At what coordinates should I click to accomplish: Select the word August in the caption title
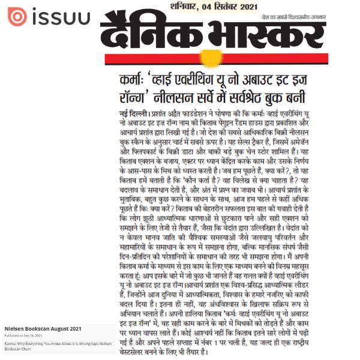(67, 329)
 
